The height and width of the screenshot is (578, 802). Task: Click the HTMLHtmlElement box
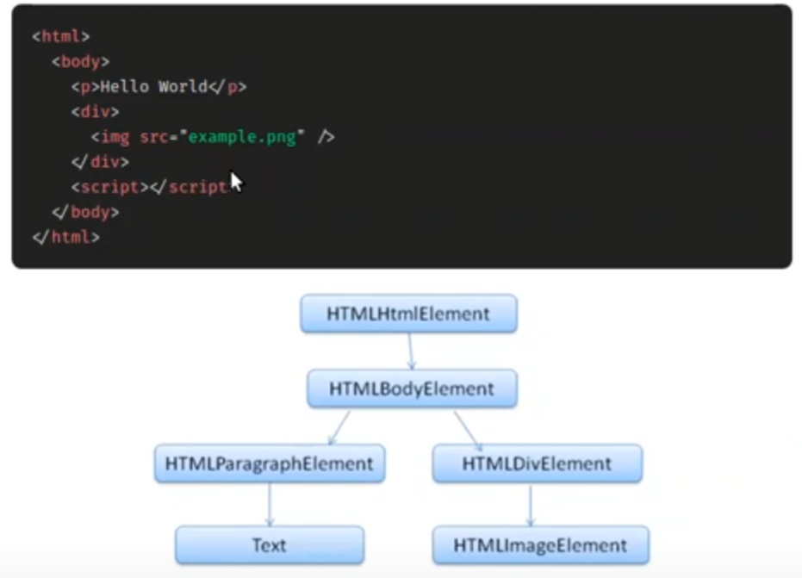click(408, 314)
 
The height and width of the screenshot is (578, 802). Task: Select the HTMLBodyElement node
click(412, 388)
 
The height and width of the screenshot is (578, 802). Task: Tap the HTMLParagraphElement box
click(270, 463)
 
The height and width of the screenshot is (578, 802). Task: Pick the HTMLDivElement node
click(537, 463)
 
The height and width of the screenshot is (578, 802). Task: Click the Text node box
click(270, 545)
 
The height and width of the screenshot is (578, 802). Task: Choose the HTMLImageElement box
click(540, 545)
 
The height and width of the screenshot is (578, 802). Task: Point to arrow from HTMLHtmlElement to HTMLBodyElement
click(410, 351)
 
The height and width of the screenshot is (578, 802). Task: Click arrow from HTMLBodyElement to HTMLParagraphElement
click(339, 426)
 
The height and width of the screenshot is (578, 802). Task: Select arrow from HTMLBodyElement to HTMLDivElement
click(467, 426)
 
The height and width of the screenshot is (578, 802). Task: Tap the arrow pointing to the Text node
click(270, 504)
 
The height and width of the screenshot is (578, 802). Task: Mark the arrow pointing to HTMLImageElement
click(530, 504)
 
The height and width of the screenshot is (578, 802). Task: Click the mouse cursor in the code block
click(236, 183)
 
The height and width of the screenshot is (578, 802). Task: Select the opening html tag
click(60, 37)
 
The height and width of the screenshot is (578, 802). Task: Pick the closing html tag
click(65, 237)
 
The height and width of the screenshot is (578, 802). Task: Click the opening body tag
click(80, 62)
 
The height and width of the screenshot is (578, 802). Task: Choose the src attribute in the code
click(154, 137)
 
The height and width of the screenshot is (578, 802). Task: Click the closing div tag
click(100, 162)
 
